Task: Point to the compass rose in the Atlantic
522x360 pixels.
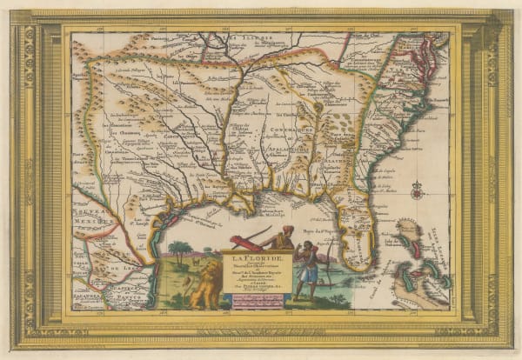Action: pyautogui.click(x=415, y=188)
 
